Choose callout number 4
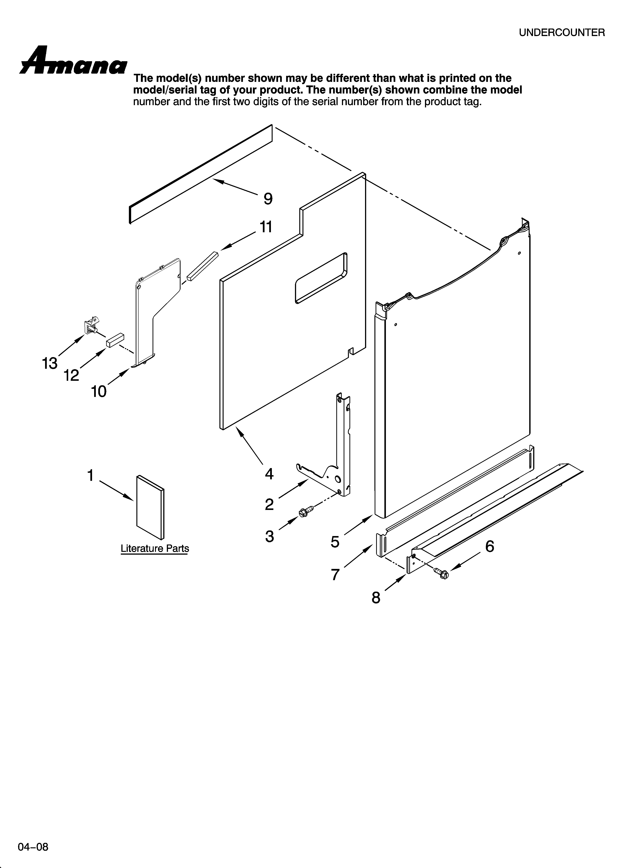269,474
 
